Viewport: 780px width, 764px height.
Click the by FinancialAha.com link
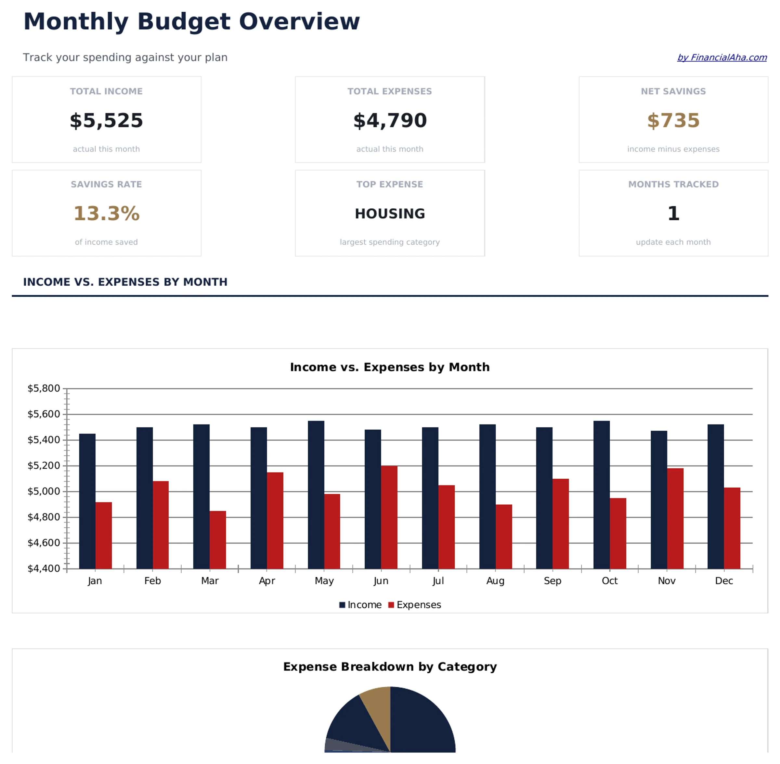(721, 58)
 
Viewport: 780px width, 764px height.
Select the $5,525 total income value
(106, 120)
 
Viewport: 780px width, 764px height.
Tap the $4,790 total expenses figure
(390, 120)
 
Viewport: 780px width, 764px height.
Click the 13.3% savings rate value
(106, 214)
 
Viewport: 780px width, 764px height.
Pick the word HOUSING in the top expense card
(390, 214)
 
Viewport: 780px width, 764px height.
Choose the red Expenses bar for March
(217, 540)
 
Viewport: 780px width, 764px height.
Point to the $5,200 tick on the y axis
(43, 465)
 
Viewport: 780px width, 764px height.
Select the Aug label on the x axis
(495, 581)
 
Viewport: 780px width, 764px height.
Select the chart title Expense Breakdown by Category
(390, 667)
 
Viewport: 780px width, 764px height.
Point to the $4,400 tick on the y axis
(43, 568)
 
